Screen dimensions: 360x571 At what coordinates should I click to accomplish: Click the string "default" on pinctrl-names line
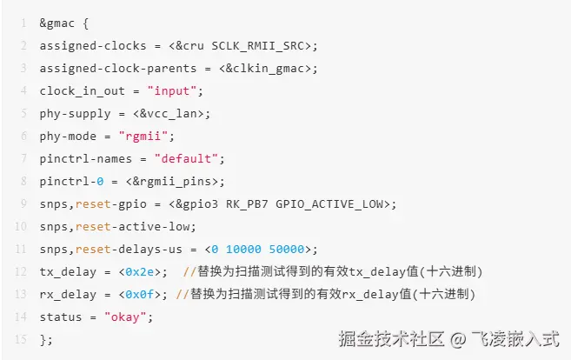189,159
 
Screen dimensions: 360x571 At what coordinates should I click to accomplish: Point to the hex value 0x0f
141,295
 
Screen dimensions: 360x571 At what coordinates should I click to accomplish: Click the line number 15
19,340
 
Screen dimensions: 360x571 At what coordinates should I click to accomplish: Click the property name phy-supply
75,114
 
